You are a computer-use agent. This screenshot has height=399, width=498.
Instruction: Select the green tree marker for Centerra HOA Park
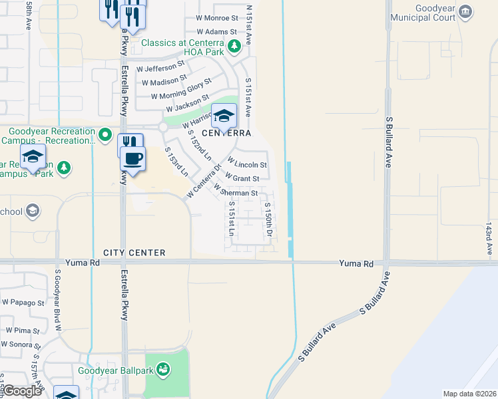point(234,46)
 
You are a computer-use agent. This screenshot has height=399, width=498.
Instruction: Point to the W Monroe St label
point(217,19)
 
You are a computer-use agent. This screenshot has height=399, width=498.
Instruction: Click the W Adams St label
point(216,31)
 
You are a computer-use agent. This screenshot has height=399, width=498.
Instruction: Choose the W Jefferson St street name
point(160,66)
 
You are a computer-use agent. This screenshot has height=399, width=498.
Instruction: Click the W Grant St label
point(242,178)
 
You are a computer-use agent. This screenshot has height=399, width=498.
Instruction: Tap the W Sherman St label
point(236,192)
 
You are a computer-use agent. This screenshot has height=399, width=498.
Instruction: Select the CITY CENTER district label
point(134,253)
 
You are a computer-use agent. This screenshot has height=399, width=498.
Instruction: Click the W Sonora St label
point(20,344)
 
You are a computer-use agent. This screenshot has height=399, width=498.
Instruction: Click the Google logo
point(22,391)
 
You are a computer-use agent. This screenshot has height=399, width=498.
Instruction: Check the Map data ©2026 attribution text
point(469,394)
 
